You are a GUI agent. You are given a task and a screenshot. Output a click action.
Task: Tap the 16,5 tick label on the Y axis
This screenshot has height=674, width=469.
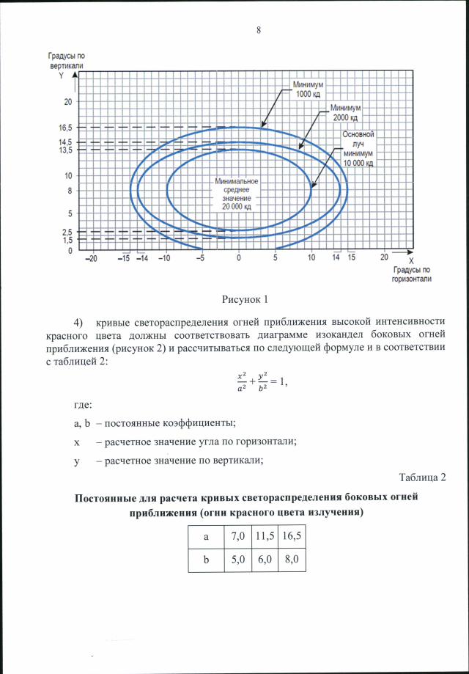[66, 127]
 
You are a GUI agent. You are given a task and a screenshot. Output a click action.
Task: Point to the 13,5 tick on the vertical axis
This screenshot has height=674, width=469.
[66, 150]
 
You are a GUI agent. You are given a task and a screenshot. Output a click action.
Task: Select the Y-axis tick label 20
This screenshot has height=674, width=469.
[67, 101]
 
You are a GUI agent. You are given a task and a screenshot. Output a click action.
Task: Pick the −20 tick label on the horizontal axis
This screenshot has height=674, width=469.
[91, 258]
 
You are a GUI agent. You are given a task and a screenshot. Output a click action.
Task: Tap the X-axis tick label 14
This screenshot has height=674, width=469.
[336, 258]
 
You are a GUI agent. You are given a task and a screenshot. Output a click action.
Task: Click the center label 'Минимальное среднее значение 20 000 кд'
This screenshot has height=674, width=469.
[236, 194]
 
